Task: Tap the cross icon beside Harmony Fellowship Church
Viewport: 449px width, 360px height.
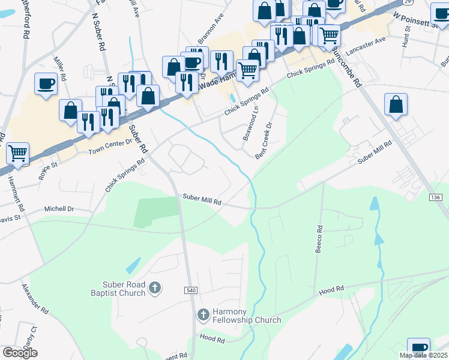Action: pyautogui.click(x=203, y=314)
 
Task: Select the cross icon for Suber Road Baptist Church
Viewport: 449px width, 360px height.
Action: pyautogui.click(x=155, y=289)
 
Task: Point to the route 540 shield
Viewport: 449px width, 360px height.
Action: pyautogui.click(x=191, y=290)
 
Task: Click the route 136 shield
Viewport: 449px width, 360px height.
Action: pyautogui.click(x=436, y=197)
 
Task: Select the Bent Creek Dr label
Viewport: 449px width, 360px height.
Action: pyautogui.click(x=264, y=141)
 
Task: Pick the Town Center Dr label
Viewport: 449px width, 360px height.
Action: pyautogui.click(x=110, y=146)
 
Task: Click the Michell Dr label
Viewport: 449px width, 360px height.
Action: pyautogui.click(x=59, y=209)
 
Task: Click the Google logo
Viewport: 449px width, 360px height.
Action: pyautogui.click(x=20, y=353)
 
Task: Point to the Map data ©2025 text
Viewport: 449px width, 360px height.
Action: pyautogui.click(x=423, y=355)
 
